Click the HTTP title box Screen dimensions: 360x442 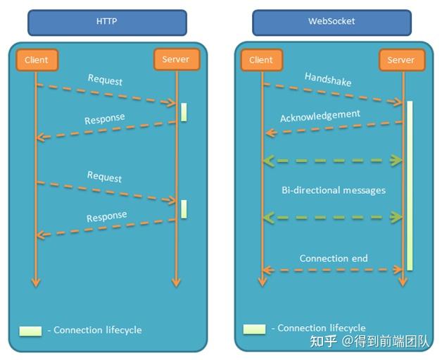pos(107,22)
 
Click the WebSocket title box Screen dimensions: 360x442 pos(331,22)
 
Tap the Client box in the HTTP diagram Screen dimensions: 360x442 pos(36,60)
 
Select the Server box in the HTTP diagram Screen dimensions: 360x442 pos(176,60)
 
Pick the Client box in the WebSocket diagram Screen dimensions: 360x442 pos(261,60)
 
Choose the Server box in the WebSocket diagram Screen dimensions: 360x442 pos(401,60)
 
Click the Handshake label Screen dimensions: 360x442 pos(328,80)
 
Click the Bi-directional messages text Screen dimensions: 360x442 pos(334,190)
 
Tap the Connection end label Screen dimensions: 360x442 pos(334,259)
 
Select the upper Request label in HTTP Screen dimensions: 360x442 pos(105,80)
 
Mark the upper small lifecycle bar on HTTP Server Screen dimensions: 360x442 pos(184,112)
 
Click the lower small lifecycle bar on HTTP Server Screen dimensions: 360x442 pos(184,209)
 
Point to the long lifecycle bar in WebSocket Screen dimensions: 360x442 pos(409,185)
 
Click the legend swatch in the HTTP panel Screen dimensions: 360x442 pos(30,330)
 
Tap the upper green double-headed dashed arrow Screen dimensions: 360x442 pos(332,161)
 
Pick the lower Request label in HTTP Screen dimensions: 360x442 pos(105,178)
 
